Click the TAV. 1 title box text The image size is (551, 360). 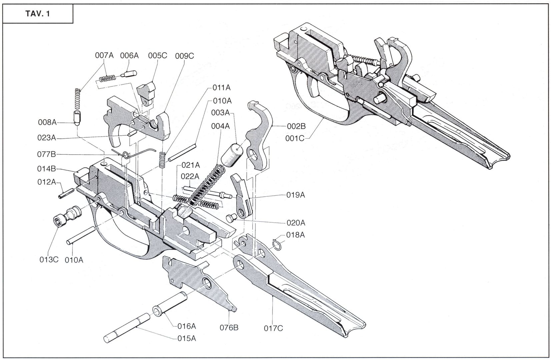click(37, 14)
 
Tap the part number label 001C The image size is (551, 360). click(295, 137)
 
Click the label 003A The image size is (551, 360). click(220, 113)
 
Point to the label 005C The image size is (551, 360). click(157, 55)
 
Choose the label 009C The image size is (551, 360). click(184, 56)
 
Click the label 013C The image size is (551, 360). click(49, 259)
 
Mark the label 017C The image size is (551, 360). click(273, 328)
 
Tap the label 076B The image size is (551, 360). click(229, 328)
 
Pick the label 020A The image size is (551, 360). click(296, 223)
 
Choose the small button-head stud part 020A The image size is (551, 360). click(231, 218)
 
